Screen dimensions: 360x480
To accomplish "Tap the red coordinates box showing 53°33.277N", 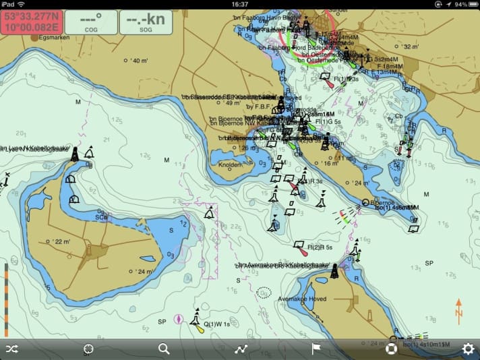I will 31,22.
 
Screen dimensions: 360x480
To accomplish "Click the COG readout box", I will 90,22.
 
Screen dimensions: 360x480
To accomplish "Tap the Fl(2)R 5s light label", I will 321,247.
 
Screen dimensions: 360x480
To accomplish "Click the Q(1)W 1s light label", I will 217,324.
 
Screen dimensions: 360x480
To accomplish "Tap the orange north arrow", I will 459,311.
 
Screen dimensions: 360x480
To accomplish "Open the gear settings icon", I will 467,349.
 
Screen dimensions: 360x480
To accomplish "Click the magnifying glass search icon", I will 164,349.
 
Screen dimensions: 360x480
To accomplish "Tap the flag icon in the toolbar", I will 315,349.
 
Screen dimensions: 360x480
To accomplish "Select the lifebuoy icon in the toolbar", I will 391,349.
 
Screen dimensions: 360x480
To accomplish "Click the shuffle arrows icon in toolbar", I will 12,349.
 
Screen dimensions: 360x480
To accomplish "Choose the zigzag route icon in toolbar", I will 240,349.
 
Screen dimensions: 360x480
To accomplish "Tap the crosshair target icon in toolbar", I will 88,349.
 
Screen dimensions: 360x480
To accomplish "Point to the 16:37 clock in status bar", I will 239,4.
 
